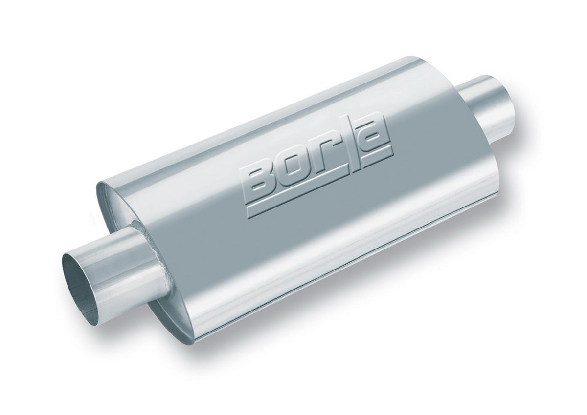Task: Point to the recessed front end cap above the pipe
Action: point(122,205)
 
